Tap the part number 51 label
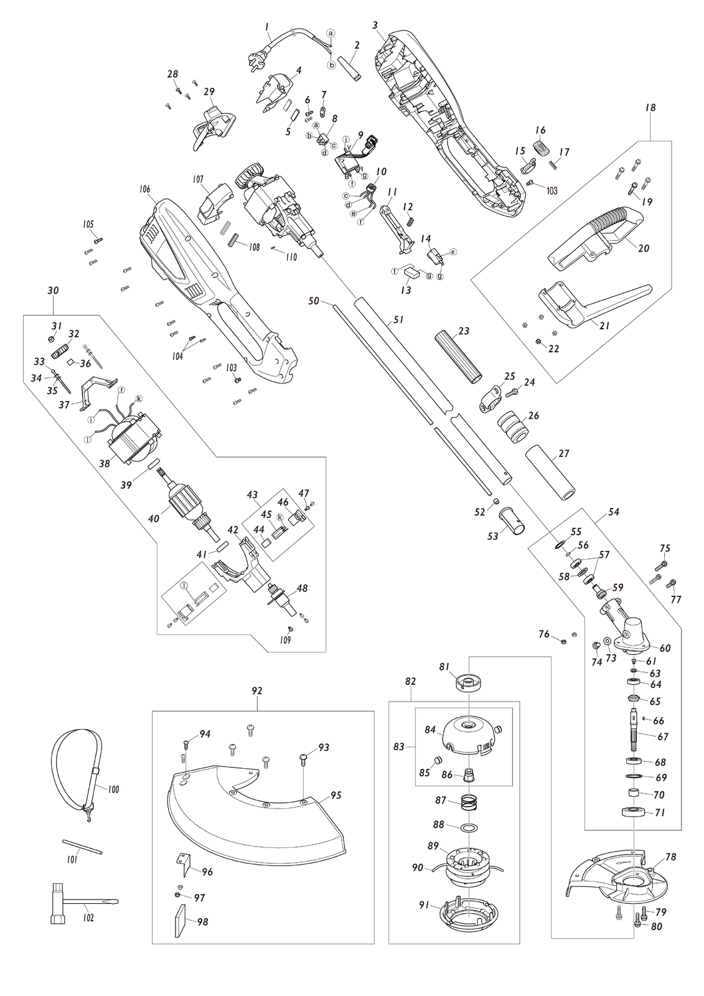[x=398, y=320]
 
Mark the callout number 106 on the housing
[x=144, y=190]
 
